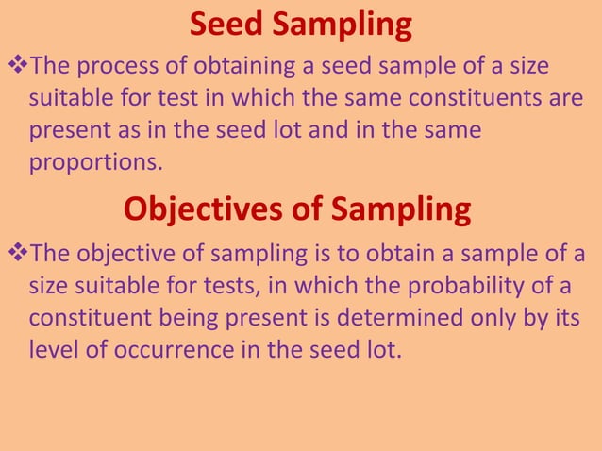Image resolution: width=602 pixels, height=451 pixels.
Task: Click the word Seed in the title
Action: pos(229,25)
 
